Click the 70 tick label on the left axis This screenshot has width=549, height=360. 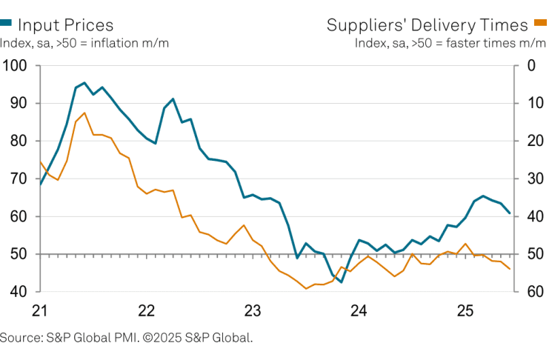tap(16, 179)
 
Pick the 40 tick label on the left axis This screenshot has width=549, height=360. tap(16, 292)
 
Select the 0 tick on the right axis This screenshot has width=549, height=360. tap(530, 66)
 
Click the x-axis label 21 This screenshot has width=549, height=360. tap(40, 309)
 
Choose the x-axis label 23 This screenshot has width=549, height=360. tap(253, 309)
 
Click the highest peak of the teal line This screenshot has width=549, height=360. tap(84, 83)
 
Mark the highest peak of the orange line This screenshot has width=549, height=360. tap(84, 113)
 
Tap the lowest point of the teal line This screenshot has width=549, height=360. tap(342, 282)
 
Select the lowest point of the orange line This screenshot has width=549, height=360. tap(306, 288)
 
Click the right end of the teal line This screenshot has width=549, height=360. tap(509, 213)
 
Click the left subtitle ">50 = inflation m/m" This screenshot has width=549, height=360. tap(112, 42)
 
